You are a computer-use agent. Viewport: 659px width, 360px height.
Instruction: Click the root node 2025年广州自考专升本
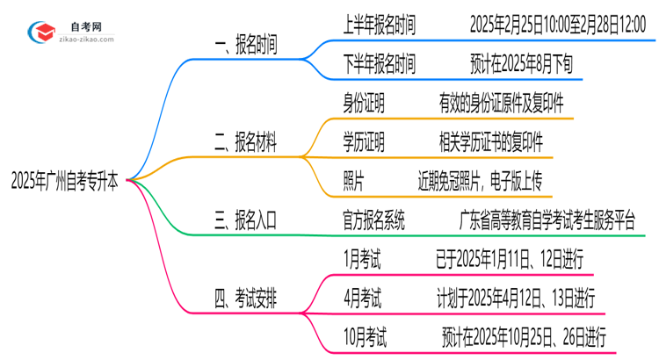(x=66, y=182)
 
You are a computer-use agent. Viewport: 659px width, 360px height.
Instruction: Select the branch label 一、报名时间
(x=246, y=47)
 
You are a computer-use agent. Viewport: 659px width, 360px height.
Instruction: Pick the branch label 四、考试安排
(x=246, y=299)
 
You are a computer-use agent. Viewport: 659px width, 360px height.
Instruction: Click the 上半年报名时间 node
(x=379, y=26)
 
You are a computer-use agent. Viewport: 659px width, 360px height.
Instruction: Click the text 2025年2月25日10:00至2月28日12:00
(x=563, y=26)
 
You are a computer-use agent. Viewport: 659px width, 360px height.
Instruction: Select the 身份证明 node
(x=364, y=104)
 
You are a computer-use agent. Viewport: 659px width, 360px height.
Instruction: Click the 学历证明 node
(x=364, y=142)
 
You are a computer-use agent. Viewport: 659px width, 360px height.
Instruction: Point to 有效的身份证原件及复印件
(x=501, y=104)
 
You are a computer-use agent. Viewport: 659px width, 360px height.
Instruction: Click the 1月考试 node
(x=362, y=259)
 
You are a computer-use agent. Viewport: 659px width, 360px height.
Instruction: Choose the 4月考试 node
(x=362, y=299)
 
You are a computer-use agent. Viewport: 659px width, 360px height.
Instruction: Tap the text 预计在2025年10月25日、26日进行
(x=523, y=336)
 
